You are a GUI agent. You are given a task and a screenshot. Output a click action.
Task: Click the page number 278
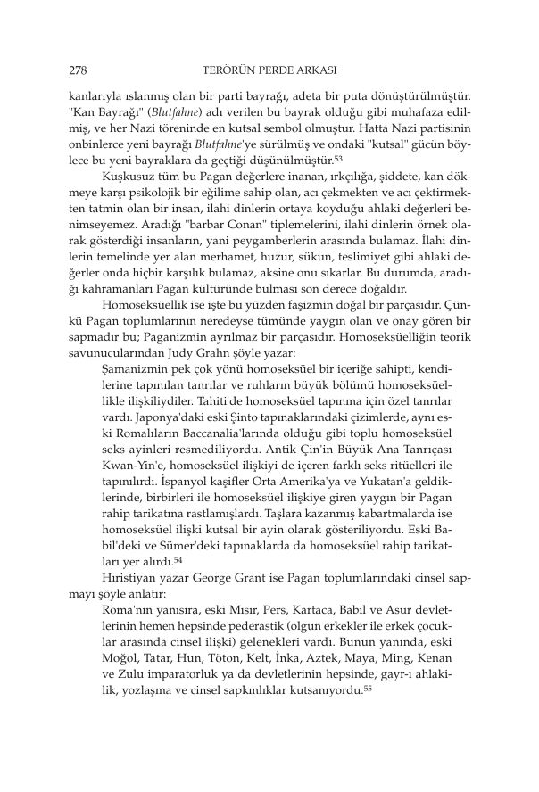[76, 68]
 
